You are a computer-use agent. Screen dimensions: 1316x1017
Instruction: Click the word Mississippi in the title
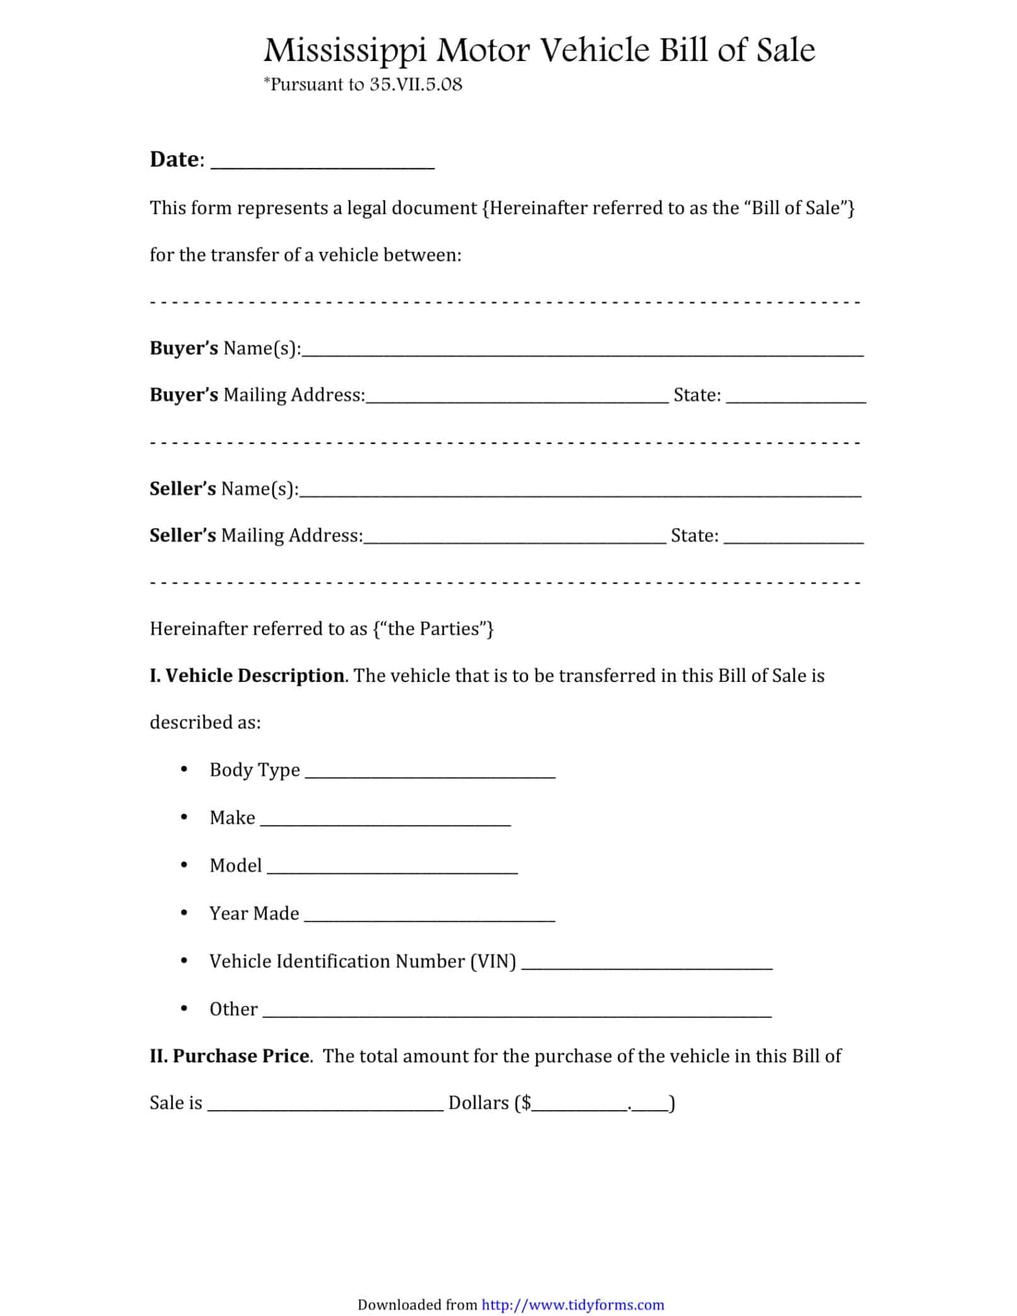(345, 50)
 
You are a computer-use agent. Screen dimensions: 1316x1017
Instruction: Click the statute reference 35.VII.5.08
(416, 84)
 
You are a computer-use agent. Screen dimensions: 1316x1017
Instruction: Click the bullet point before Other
(184, 1009)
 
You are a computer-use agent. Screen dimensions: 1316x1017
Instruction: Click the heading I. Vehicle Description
(247, 676)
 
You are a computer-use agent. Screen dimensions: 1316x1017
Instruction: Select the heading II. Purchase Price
(229, 1056)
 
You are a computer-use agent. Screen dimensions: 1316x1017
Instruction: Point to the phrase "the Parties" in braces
(433, 629)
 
